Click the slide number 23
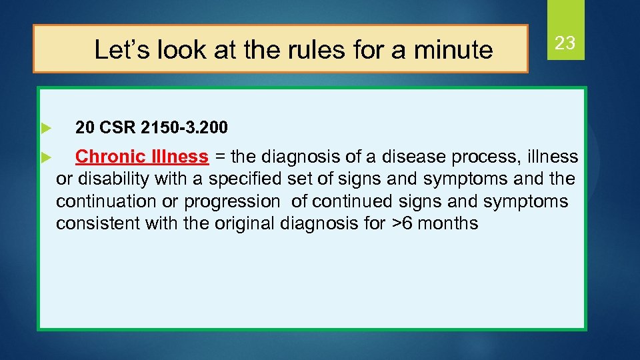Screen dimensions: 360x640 point(565,44)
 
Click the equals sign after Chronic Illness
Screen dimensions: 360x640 point(219,157)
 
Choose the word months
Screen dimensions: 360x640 point(450,223)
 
